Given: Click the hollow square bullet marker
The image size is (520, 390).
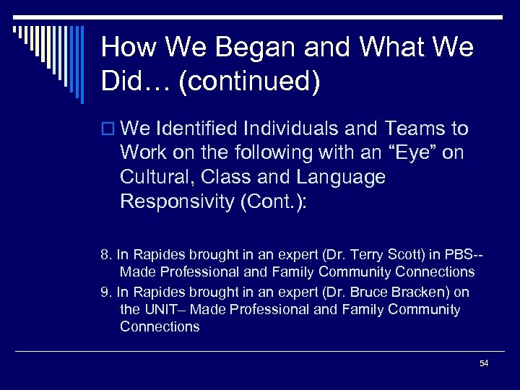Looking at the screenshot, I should point(108,130).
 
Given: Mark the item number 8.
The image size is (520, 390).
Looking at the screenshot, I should point(105,254).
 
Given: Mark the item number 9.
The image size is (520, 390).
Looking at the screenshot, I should point(105,292).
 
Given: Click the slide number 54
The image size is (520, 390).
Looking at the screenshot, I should point(484,363).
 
